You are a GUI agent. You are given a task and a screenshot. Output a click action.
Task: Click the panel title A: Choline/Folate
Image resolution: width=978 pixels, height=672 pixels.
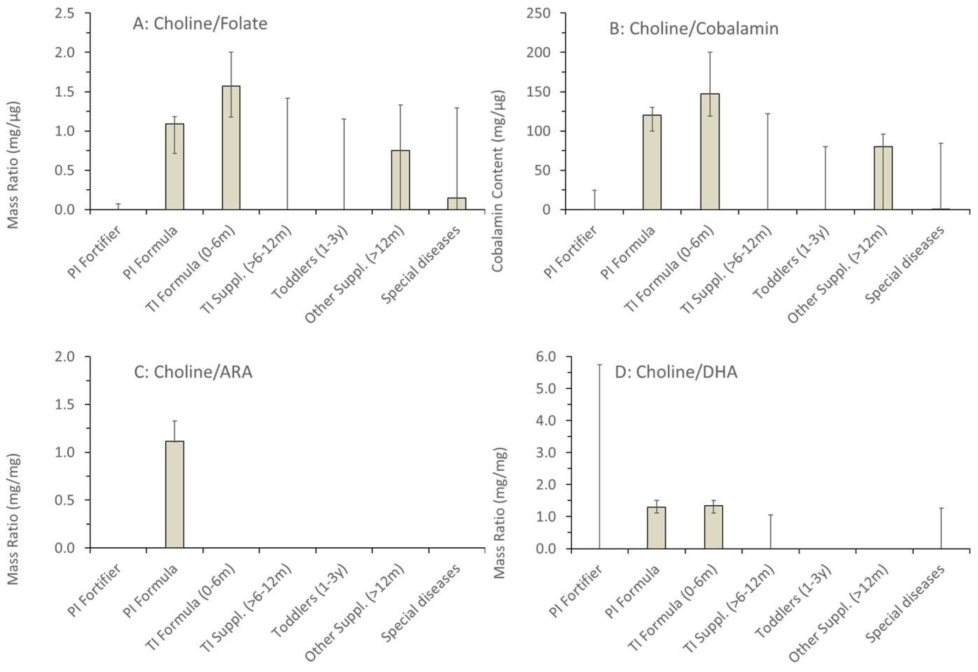[200, 23]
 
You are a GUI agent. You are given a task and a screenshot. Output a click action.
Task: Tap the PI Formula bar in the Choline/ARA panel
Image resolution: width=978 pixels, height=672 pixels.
[174, 494]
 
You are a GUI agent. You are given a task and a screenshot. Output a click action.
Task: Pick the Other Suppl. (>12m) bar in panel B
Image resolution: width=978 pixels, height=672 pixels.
[883, 178]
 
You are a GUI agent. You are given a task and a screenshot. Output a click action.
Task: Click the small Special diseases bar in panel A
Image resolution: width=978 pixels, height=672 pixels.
[456, 204]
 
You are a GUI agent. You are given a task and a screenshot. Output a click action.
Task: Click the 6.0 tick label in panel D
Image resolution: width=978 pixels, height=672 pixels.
[545, 356]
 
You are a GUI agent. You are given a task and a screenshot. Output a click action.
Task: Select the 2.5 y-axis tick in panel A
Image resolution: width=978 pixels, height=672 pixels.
[64, 13]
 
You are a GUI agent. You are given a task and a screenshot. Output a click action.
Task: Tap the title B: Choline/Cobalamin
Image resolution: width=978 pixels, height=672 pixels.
[693, 29]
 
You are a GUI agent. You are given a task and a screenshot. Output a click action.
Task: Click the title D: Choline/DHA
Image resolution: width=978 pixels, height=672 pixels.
[676, 372]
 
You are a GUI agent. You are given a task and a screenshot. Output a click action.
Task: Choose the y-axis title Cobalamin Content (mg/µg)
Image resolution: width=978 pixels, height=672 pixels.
[498, 181]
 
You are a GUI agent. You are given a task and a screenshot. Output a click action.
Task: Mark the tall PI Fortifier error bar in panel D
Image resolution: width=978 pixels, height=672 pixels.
[599, 455]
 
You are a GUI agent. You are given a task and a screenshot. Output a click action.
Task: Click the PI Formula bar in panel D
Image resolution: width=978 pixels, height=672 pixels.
[656, 528]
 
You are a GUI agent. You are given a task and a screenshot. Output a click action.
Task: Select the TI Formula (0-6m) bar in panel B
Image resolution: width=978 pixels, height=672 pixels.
[710, 152]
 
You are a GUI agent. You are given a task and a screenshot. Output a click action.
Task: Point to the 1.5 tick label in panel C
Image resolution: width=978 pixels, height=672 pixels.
[64, 404]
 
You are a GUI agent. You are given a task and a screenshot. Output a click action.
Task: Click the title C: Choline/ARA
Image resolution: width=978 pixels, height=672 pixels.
[193, 372]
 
